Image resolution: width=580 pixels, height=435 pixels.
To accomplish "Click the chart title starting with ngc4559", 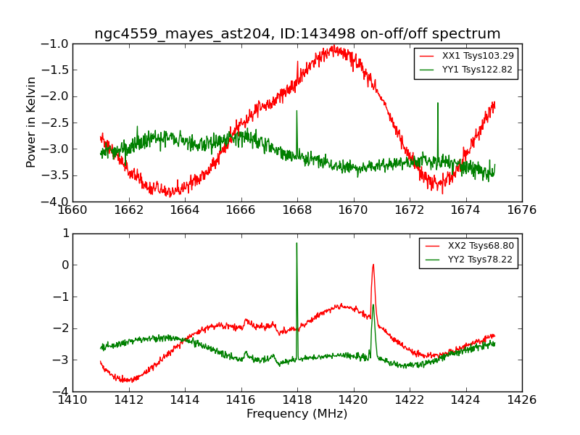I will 297,34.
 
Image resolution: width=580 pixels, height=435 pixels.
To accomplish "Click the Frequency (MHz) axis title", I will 297,414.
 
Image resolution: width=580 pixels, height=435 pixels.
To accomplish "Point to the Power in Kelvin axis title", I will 32,122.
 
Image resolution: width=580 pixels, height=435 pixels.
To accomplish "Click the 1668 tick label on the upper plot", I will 297,210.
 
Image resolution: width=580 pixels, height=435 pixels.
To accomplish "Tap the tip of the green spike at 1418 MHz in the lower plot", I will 297,243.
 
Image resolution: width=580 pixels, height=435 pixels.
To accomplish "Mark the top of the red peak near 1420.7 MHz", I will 373,264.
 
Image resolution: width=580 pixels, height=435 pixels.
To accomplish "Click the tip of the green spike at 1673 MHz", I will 438,103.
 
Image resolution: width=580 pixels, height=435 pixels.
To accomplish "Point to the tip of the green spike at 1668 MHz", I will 297,110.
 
